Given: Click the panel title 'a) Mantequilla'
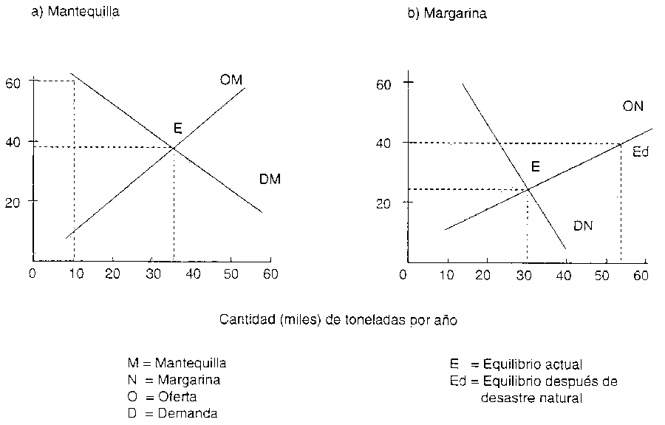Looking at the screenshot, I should tap(75, 13).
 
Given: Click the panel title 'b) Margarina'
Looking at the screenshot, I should tap(447, 14).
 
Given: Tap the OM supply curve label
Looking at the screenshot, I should tap(231, 80).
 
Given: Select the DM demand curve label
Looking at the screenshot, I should tap(270, 180).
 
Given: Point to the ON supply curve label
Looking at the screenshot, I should tap(632, 106).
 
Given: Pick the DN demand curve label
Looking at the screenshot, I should tap(583, 226).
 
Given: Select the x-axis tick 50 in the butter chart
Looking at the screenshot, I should tap(231, 273).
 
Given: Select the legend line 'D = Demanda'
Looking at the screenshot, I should tap(173, 413).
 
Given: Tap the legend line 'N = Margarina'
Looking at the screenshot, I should tap(174, 380).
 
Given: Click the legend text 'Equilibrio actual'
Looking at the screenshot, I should tap(532, 364).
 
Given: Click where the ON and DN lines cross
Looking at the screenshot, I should tap(529, 189).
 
